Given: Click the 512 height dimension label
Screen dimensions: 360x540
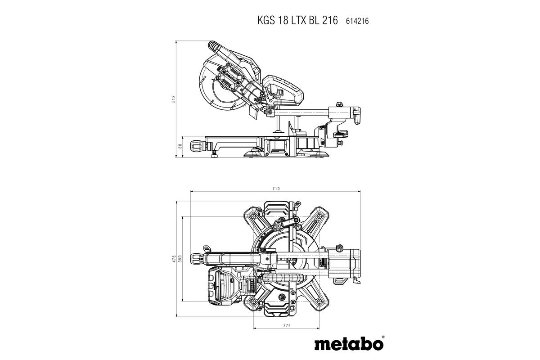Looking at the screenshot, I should pyautogui.click(x=174, y=99).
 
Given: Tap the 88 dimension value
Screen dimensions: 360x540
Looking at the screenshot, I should pyautogui.click(x=180, y=146).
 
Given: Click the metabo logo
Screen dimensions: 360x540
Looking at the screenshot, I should pyautogui.click(x=348, y=344).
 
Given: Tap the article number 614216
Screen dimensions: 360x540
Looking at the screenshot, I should pyautogui.click(x=357, y=21).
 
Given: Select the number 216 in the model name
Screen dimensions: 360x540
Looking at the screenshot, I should pyautogui.click(x=329, y=21).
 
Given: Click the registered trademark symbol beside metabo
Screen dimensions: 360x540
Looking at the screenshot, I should pyautogui.click(x=382, y=337).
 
